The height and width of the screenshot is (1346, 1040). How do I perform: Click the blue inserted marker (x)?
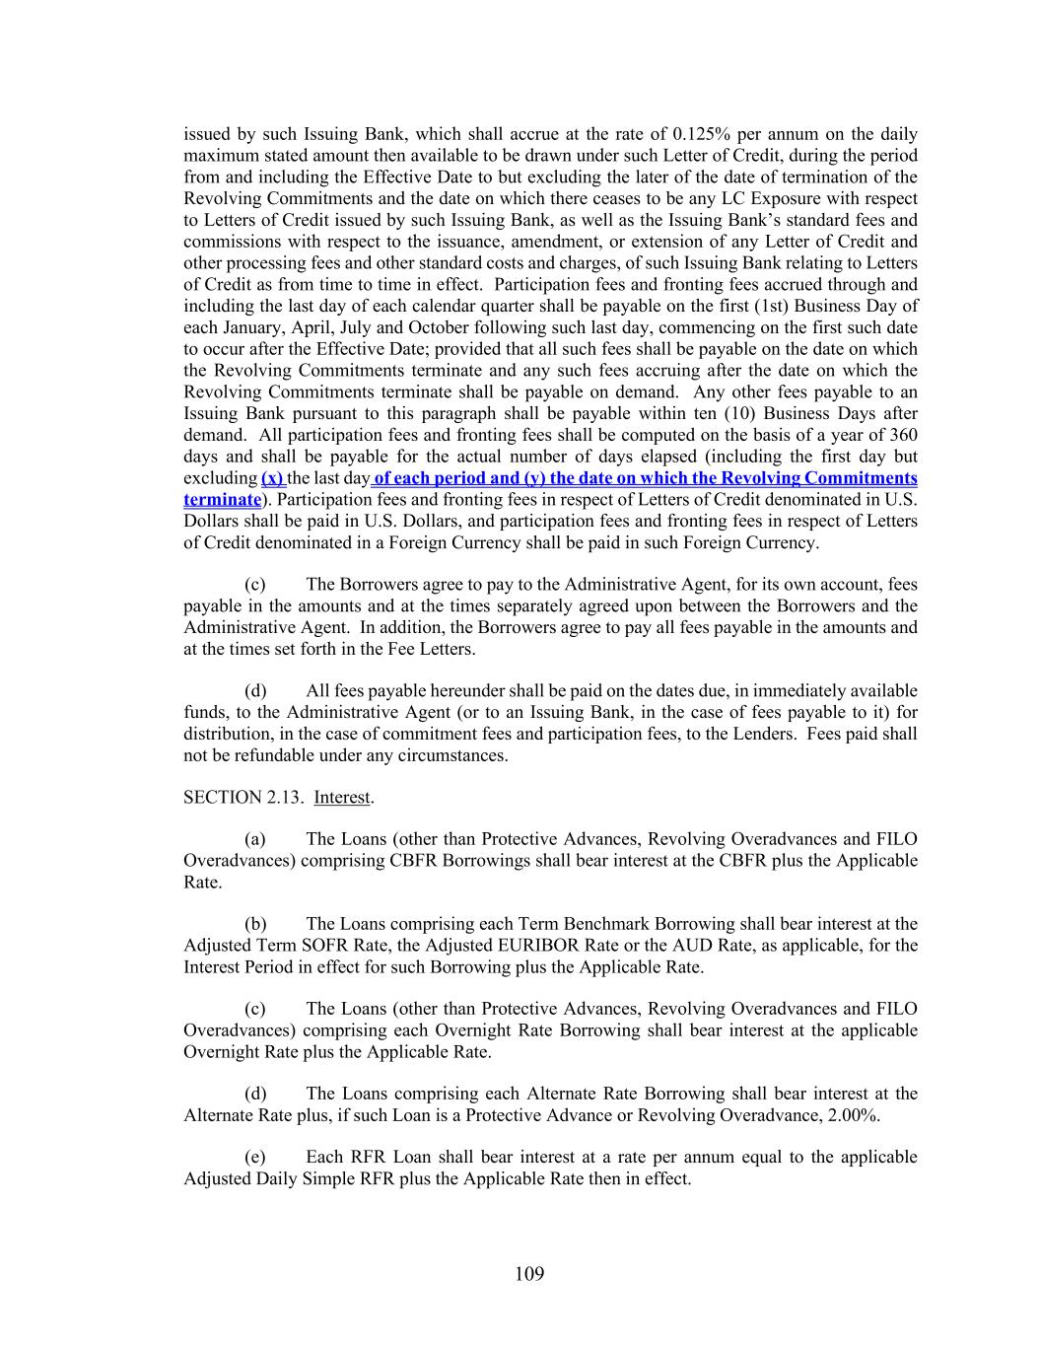click(273, 478)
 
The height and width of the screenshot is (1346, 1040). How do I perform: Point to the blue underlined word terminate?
click(221, 500)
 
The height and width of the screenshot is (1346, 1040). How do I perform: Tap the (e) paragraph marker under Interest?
click(254, 1157)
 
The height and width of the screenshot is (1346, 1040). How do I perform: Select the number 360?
click(903, 435)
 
